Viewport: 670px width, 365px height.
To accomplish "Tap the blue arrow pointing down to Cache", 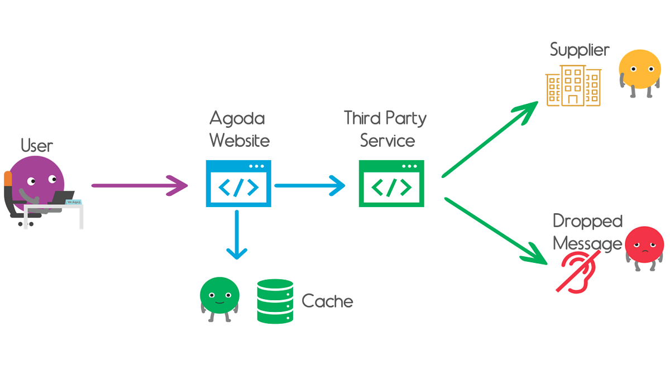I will [237, 234].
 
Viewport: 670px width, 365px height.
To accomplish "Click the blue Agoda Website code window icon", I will [238, 184].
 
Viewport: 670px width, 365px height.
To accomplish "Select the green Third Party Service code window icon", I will [391, 184].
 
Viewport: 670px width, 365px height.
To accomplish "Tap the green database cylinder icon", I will [275, 301].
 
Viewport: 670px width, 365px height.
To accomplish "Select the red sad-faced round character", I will [644, 246].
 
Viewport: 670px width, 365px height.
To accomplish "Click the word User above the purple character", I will [37, 146].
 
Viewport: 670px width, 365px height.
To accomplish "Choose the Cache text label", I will [327, 301].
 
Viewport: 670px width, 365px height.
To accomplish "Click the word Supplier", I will [580, 50].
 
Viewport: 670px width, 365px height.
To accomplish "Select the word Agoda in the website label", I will [237, 118].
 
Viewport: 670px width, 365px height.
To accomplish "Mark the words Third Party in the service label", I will [385, 118].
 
